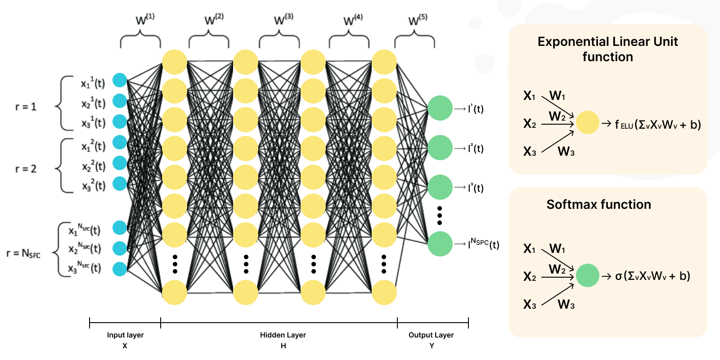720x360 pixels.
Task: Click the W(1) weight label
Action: tap(144, 19)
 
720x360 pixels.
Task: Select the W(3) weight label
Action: tap(283, 19)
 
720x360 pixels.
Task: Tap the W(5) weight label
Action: tap(417, 20)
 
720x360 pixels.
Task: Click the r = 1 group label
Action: tap(26, 107)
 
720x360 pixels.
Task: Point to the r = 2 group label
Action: tap(26, 169)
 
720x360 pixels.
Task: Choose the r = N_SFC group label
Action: tap(23, 253)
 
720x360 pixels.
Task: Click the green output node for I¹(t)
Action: tap(440, 108)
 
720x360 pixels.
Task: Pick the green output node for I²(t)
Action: tap(440, 148)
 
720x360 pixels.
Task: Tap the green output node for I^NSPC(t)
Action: tap(440, 244)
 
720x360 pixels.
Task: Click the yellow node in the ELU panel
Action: tap(587, 122)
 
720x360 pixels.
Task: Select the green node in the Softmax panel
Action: tap(587, 275)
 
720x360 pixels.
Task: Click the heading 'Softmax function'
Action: tap(598, 205)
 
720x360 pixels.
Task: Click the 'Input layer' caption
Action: tap(125, 335)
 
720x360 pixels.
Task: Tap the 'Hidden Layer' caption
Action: tap(283, 335)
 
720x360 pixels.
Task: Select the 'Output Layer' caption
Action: tap(431, 335)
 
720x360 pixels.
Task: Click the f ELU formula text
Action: tap(657, 125)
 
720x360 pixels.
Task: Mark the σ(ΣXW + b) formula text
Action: tap(652, 276)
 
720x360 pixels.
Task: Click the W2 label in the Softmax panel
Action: tap(557, 269)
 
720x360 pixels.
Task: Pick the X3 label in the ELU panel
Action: tap(530, 152)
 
